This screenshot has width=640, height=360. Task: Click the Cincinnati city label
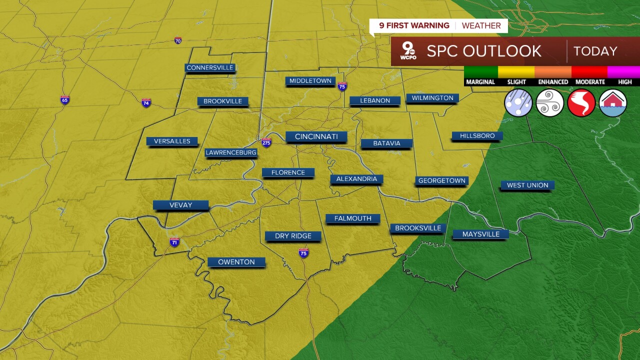point(316,136)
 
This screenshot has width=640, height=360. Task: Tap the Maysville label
point(480,234)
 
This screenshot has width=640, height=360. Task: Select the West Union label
point(527,185)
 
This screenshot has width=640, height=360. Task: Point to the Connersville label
point(210,67)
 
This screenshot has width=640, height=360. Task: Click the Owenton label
point(236,262)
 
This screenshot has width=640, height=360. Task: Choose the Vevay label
point(180,205)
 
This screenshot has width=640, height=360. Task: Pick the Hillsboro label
point(477,136)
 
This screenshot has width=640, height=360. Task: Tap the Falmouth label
point(352,218)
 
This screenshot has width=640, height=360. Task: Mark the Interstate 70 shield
point(178,40)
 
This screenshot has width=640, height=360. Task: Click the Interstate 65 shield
point(65,100)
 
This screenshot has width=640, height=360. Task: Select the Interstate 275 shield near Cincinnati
point(266,142)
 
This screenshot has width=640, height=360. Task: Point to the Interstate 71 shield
point(174,242)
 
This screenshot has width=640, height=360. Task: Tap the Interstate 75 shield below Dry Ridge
point(303,253)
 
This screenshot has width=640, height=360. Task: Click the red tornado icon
point(581,103)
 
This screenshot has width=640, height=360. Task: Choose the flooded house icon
point(612,103)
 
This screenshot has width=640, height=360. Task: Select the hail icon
point(518,103)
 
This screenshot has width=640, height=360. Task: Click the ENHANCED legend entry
point(553,81)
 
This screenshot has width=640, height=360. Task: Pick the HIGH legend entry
point(624,81)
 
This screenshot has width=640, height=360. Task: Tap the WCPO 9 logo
point(408,51)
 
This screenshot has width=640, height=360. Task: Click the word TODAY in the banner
point(595,51)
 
